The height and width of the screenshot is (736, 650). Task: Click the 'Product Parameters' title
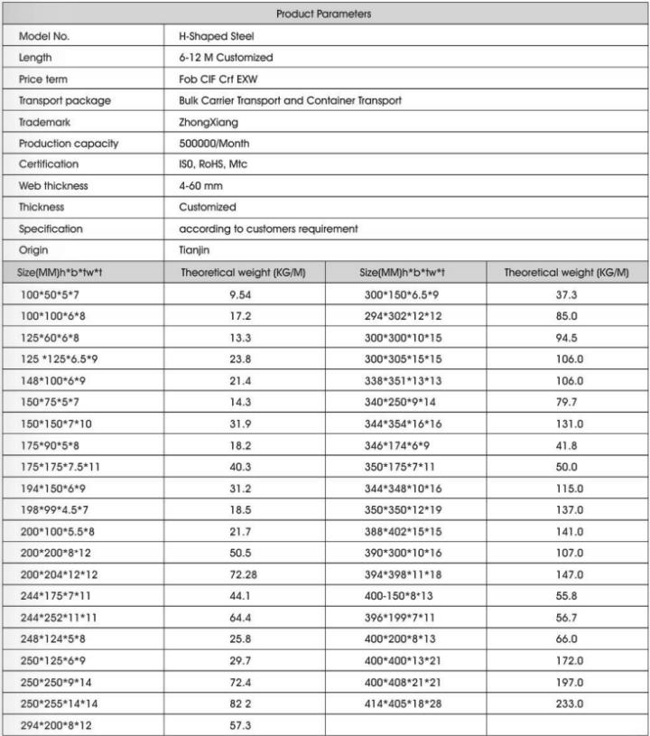click(324, 14)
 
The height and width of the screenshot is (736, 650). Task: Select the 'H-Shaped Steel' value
click(218, 37)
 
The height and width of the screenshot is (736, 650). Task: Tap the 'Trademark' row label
click(45, 122)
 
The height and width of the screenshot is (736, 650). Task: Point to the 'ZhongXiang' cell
click(207, 122)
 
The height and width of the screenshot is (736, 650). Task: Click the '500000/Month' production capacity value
click(214, 143)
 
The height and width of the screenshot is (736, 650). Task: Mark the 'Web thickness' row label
click(54, 185)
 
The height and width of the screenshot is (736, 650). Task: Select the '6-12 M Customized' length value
click(226, 58)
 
